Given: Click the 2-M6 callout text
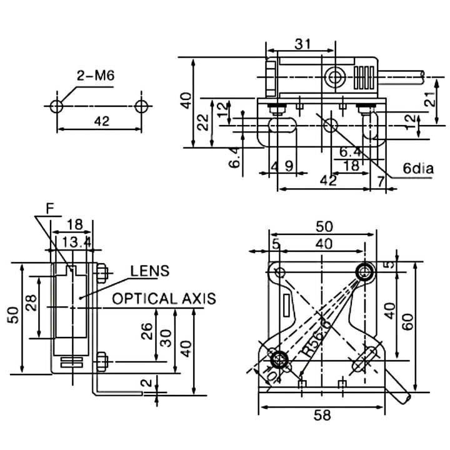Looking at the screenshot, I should (95, 76).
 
